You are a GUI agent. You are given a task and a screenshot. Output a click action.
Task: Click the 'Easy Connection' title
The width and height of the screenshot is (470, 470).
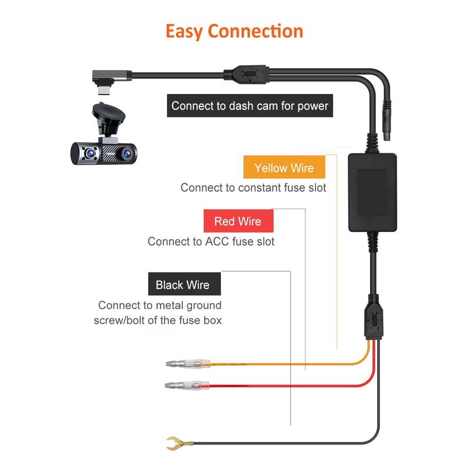[234, 31]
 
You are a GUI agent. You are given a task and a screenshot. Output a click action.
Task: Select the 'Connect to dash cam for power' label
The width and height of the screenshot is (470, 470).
[250, 106]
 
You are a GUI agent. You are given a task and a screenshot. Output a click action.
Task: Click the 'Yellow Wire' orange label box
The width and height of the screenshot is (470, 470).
[284, 168]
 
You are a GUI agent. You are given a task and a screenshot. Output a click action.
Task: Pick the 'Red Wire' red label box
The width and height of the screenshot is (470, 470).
[237, 221]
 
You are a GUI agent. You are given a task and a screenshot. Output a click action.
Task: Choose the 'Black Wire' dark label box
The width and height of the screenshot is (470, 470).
[182, 285]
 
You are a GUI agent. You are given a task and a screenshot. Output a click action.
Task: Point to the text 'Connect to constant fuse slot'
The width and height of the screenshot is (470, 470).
[253, 188]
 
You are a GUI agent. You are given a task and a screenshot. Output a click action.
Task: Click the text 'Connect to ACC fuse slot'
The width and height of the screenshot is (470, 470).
[211, 241]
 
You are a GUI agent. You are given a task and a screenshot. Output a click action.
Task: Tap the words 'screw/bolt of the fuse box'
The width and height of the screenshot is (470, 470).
[157, 320]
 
